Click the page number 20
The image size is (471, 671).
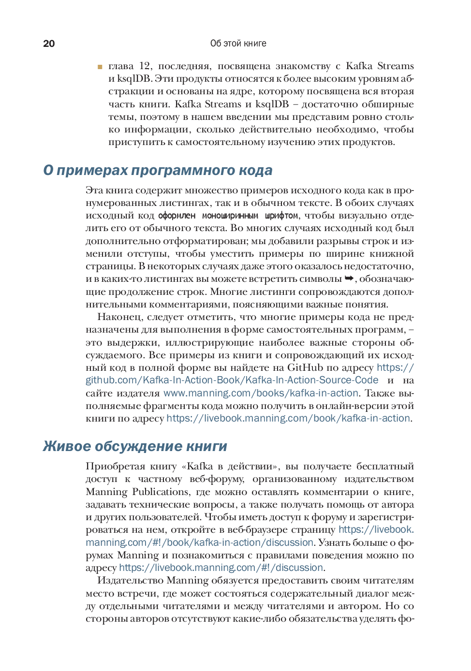coord(49,44)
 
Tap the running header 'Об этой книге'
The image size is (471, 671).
coord(238,44)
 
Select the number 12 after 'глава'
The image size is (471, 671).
coord(145,66)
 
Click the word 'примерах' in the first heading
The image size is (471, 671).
coord(92,170)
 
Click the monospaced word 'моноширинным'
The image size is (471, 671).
coord(230,216)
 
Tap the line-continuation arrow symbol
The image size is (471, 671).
coord(349,278)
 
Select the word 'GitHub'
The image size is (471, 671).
coord(305,367)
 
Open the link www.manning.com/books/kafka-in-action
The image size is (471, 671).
coord(261,393)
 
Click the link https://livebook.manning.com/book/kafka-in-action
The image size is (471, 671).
coord(288,418)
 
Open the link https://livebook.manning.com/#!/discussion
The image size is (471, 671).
coord(221,568)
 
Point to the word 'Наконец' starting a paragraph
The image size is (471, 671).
coord(115,317)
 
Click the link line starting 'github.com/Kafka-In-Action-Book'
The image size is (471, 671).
coord(232,380)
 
